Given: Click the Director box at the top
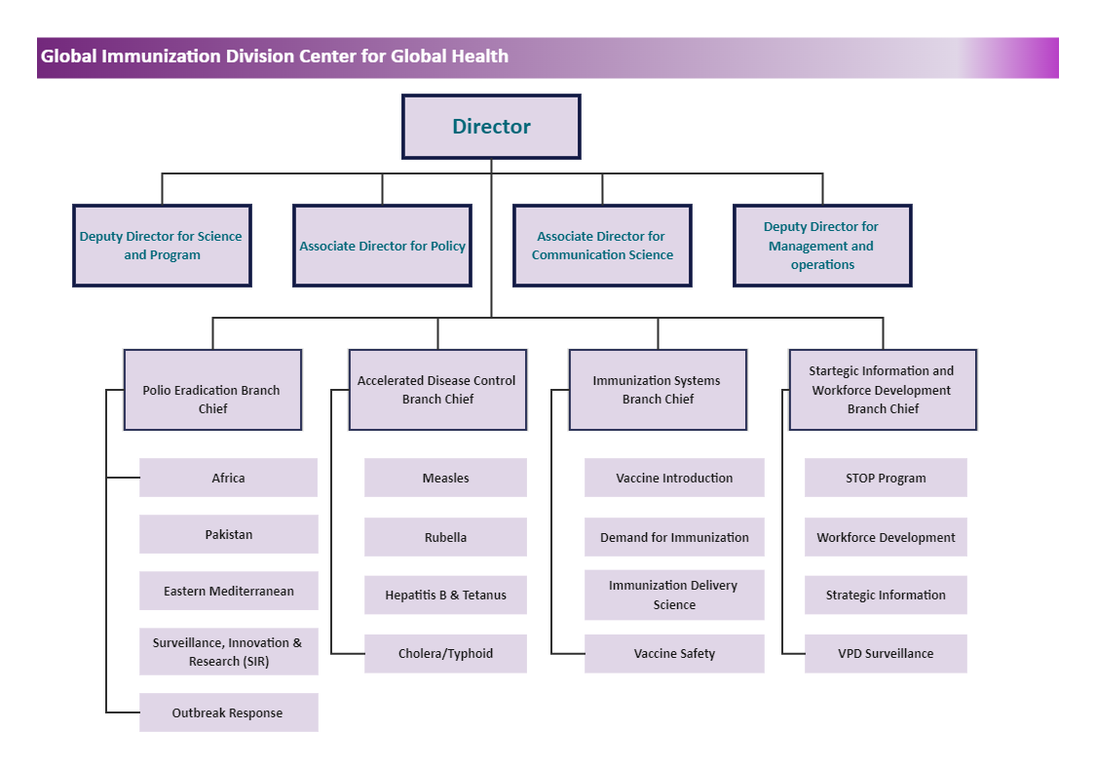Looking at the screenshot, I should click(x=491, y=127).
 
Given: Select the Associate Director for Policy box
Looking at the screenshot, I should click(x=382, y=246).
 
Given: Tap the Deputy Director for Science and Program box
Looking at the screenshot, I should click(x=162, y=246).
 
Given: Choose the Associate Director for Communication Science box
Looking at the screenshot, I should click(x=602, y=246).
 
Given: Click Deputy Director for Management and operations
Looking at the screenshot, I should click(x=822, y=246).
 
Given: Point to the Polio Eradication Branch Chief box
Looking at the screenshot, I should click(x=212, y=390).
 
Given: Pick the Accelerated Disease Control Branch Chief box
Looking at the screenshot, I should click(x=437, y=390).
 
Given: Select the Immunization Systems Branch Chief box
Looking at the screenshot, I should click(x=658, y=390).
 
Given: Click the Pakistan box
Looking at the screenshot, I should click(x=229, y=534).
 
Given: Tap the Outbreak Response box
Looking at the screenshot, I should click(x=229, y=712).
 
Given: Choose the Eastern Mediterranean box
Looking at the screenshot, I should click(x=229, y=591).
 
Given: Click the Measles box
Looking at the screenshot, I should click(x=445, y=478).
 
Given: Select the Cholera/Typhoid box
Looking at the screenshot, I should click(x=445, y=653).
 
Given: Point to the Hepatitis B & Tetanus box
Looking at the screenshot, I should click(x=445, y=595).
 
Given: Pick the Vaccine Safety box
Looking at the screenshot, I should click(x=674, y=653).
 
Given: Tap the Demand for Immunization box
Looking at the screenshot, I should click(x=674, y=537).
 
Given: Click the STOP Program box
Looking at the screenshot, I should click(x=886, y=478).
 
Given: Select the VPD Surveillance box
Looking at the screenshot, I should click(x=886, y=653).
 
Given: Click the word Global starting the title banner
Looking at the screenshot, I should click(x=68, y=57).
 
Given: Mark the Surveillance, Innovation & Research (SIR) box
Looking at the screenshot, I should click(x=229, y=651).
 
